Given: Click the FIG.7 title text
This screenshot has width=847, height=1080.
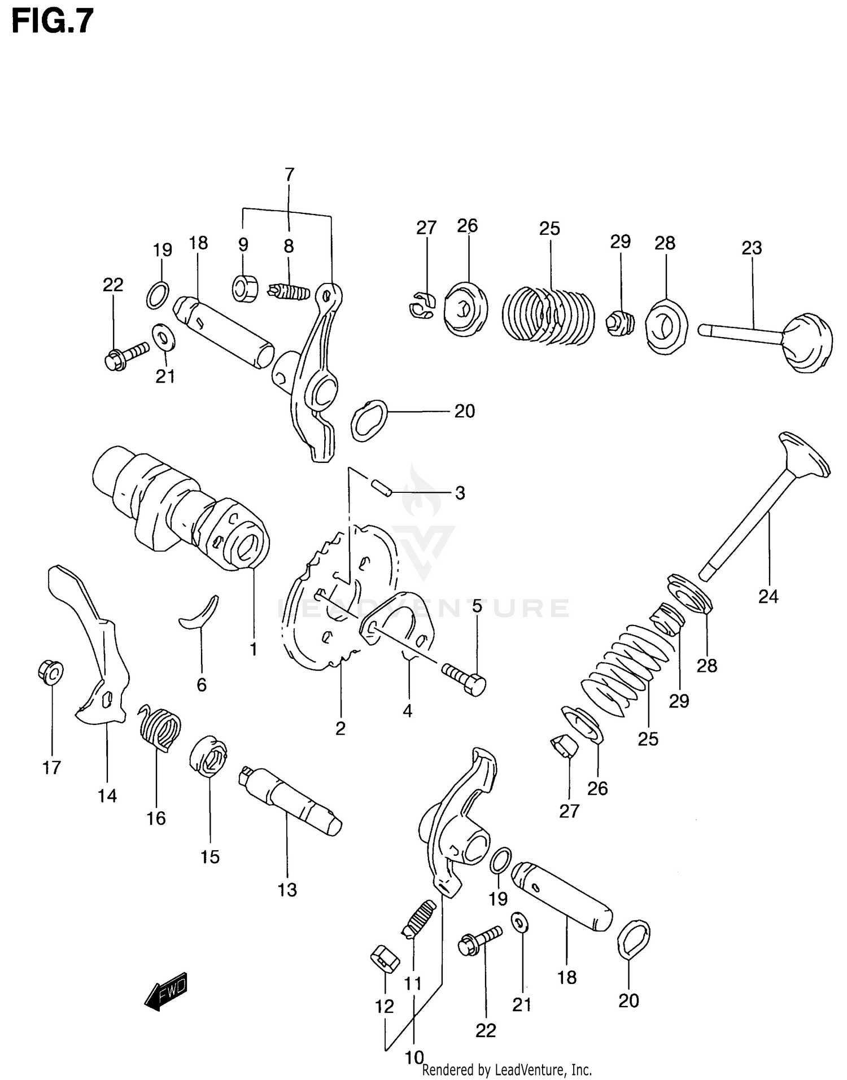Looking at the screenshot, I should [x=52, y=23].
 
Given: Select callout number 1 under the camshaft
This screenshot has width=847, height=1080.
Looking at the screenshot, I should [x=254, y=649].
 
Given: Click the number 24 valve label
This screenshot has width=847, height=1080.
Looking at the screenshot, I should [x=768, y=596].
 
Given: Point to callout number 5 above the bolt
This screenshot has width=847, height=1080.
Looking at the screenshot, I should [x=477, y=606].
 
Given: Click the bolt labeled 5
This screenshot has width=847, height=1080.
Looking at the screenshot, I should [x=464, y=678].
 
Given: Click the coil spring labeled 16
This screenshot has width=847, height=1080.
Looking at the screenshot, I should [x=160, y=730].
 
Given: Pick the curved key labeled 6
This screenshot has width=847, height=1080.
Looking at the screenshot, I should [x=200, y=615].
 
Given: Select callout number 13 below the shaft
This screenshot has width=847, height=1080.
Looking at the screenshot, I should [x=287, y=890].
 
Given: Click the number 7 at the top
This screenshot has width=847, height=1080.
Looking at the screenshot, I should [x=290, y=175].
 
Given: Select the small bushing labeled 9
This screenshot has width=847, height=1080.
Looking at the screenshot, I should [x=245, y=288].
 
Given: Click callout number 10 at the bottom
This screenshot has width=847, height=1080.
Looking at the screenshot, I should [x=414, y=1057].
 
